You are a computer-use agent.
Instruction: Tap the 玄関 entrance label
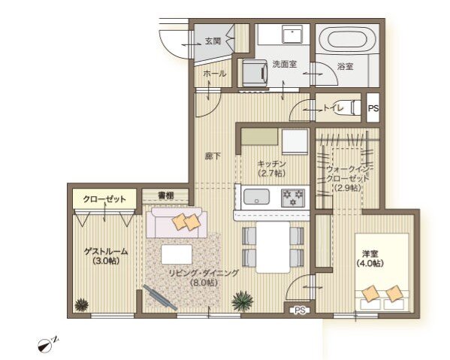(213, 41)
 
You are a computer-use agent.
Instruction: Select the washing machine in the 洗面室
(255, 73)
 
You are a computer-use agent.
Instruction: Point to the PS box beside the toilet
(373, 107)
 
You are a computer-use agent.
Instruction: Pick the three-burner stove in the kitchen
(293, 198)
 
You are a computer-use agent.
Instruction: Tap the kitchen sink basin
(257, 197)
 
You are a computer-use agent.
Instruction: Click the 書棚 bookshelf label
(166, 196)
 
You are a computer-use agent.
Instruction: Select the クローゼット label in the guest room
(104, 199)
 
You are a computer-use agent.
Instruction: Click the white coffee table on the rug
(177, 254)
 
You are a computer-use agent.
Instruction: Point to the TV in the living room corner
(160, 298)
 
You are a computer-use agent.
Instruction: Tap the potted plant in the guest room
(81, 304)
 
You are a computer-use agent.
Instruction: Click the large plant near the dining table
(243, 301)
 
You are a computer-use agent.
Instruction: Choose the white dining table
(273, 247)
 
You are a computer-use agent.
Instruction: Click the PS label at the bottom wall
(300, 310)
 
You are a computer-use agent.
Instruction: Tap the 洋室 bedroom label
(370, 254)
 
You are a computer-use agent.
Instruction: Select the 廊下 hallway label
(213, 156)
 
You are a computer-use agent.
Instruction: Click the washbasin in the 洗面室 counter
(292, 34)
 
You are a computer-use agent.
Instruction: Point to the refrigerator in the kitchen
(294, 141)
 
